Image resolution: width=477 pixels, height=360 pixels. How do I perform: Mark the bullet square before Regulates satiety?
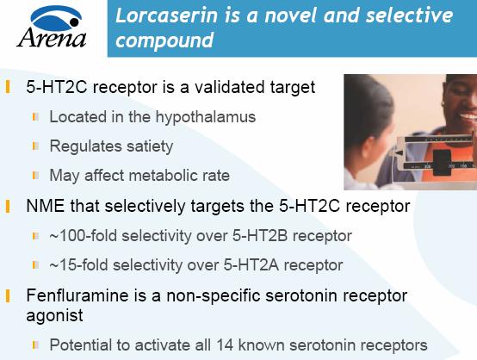click(36, 146)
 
